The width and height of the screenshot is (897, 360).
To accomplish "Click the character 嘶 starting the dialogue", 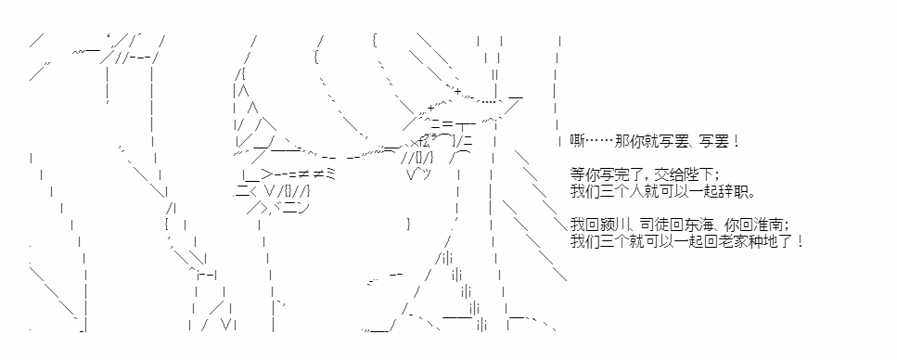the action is tap(577, 141).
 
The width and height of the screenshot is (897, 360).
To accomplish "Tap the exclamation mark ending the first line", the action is tap(736, 141).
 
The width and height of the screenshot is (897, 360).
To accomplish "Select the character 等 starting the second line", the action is tap(577, 173).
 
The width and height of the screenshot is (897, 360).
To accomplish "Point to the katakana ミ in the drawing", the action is tap(329, 174).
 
